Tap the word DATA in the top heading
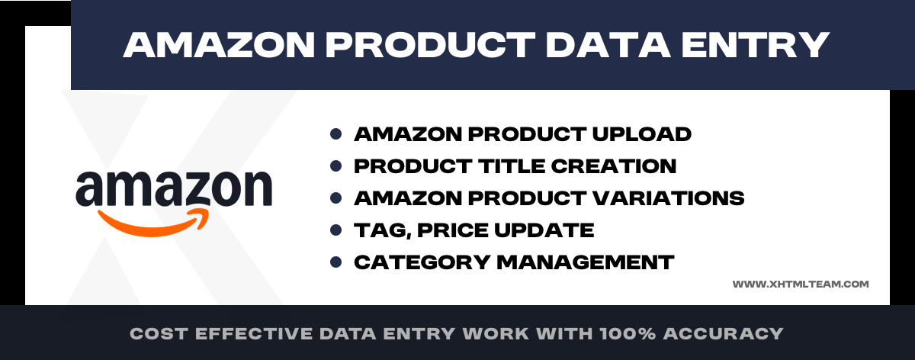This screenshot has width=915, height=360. (608, 45)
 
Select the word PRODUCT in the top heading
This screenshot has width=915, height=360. (430, 45)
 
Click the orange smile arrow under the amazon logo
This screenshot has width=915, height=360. (153, 222)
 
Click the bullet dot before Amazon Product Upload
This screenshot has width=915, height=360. (335, 134)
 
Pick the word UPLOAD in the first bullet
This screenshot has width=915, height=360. (642, 134)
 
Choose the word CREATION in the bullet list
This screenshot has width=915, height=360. (614, 166)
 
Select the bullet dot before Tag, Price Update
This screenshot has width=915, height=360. (335, 230)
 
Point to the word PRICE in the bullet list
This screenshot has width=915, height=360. (452, 230)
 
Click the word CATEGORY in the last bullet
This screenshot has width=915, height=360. (422, 262)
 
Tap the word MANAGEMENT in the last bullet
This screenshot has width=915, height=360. (586, 262)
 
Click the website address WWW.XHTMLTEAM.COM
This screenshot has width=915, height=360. (801, 284)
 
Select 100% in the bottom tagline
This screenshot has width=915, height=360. (628, 333)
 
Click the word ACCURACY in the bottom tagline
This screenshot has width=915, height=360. (723, 333)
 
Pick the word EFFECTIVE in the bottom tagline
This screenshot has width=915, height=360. (254, 333)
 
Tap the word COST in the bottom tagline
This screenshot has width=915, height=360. (159, 333)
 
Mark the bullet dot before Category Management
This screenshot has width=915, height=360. (335, 262)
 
